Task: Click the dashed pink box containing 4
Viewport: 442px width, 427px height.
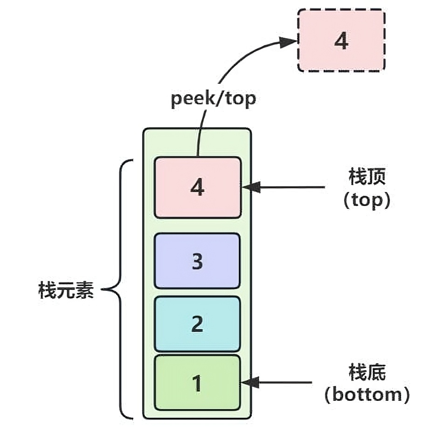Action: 341,41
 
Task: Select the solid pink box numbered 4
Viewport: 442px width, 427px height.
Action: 197,187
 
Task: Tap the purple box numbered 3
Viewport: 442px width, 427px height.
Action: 197,261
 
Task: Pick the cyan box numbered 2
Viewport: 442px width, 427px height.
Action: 197,324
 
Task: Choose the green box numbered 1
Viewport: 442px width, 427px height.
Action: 197,383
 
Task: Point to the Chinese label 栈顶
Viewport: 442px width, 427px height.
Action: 367,178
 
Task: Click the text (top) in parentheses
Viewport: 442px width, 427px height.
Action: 367,200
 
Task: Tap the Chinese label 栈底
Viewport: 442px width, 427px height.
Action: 367,373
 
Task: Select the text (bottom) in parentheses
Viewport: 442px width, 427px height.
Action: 367,395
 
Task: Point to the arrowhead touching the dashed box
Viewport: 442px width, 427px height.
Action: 289,41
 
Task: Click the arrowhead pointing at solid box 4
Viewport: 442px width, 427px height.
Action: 250,187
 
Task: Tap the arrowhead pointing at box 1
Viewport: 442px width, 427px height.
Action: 250,383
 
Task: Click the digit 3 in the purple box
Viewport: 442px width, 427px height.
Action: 197,262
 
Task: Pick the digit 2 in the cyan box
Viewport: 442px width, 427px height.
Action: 197,324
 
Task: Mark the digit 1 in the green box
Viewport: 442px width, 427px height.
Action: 197,383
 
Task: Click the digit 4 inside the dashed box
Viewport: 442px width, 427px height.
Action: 341,41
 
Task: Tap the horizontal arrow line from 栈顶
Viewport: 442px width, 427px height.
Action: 291,187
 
